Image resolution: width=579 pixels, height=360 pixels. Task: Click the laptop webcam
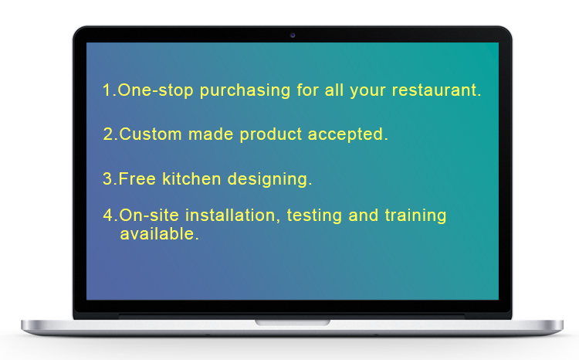(x=293, y=35)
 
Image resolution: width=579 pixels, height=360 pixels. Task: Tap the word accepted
(x=347, y=135)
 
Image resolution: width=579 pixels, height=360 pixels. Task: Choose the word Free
(x=137, y=179)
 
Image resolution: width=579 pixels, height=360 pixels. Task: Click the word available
(x=159, y=234)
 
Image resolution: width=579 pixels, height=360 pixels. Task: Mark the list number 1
(x=107, y=90)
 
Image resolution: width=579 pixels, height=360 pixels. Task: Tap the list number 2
(x=109, y=134)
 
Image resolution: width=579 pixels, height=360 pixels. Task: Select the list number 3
(x=108, y=179)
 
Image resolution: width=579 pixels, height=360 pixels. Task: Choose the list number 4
(x=109, y=216)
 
